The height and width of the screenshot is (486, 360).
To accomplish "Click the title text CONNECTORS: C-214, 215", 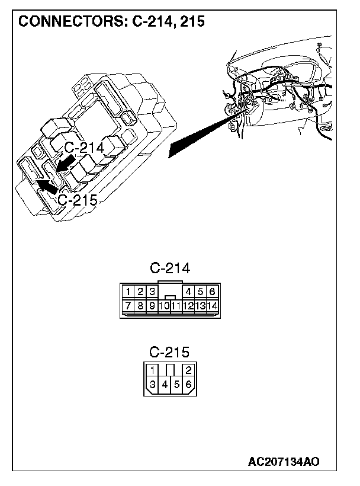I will tap(112, 22).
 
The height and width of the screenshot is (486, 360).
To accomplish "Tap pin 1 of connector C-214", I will tap(128, 291).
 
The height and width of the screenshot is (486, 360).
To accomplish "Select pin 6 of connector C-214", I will tap(211, 291).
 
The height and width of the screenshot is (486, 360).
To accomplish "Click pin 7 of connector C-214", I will tap(128, 306).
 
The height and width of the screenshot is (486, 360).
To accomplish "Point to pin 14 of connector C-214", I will tap(211, 306).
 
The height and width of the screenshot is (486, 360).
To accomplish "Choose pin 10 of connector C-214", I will tap(164, 306).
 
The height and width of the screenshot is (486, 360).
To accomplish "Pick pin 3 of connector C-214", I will tap(152, 291).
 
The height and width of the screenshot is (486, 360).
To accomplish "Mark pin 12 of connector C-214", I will tap(188, 306).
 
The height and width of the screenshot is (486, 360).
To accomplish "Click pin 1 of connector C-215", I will tap(152, 370).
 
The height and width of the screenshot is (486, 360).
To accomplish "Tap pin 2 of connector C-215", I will tap(188, 370).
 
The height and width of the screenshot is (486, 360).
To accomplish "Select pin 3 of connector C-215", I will tap(152, 385).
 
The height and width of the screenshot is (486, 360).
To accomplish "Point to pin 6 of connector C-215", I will tap(188, 385).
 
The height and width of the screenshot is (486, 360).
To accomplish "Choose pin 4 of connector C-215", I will tap(164, 385).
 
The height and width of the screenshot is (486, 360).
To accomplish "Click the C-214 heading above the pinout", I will tap(170, 268).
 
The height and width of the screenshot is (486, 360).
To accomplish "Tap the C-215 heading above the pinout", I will tap(170, 352).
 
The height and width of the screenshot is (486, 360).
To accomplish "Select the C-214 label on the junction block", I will tap(83, 148).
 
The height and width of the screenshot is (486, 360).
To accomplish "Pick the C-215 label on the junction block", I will tap(77, 199).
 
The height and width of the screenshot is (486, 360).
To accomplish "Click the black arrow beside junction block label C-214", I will tap(65, 163).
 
